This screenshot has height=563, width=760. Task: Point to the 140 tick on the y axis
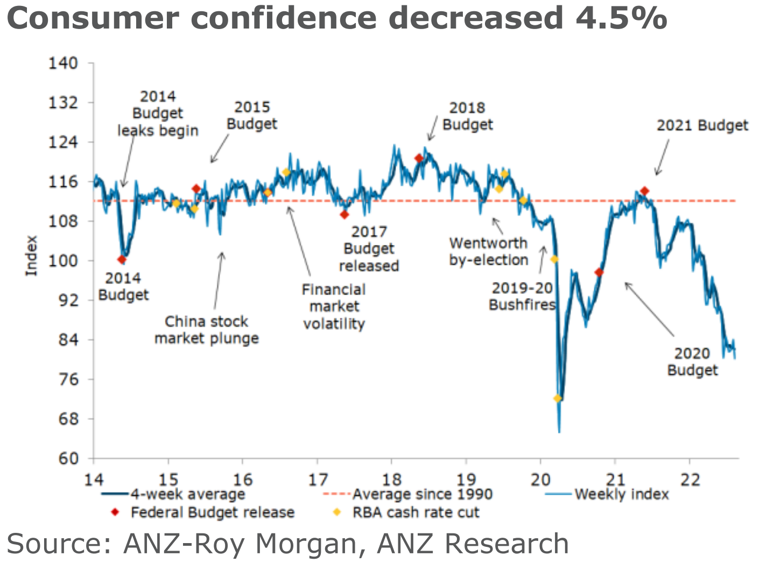64,64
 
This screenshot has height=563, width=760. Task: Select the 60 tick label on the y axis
68,459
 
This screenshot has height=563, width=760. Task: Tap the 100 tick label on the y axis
64,261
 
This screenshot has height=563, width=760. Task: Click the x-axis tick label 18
391,479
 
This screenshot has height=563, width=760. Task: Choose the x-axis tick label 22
689,479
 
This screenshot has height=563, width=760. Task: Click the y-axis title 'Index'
32,256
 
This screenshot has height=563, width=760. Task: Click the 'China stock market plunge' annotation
207,330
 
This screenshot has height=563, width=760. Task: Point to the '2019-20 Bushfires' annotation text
522,297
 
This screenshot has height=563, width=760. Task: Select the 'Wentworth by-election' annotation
489,251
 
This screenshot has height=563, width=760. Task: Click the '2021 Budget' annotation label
702,125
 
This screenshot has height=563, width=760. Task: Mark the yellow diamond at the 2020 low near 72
557,398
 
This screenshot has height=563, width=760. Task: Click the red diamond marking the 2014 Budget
122,259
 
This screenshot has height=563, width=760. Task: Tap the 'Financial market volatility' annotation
334,307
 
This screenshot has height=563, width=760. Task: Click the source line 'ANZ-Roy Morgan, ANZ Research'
287,544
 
